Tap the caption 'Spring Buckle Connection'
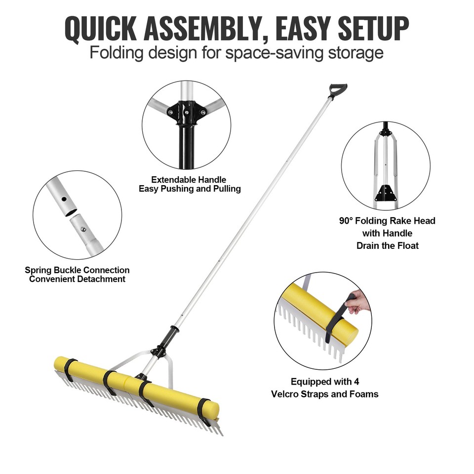click(77, 270)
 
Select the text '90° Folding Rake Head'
click(387, 221)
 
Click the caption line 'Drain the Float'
click(387, 245)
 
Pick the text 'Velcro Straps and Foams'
click(324, 394)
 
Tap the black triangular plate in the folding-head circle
click(386, 193)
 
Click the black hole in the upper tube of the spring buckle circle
click(64, 199)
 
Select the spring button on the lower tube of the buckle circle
click(83, 229)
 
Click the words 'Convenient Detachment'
click(77, 279)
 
